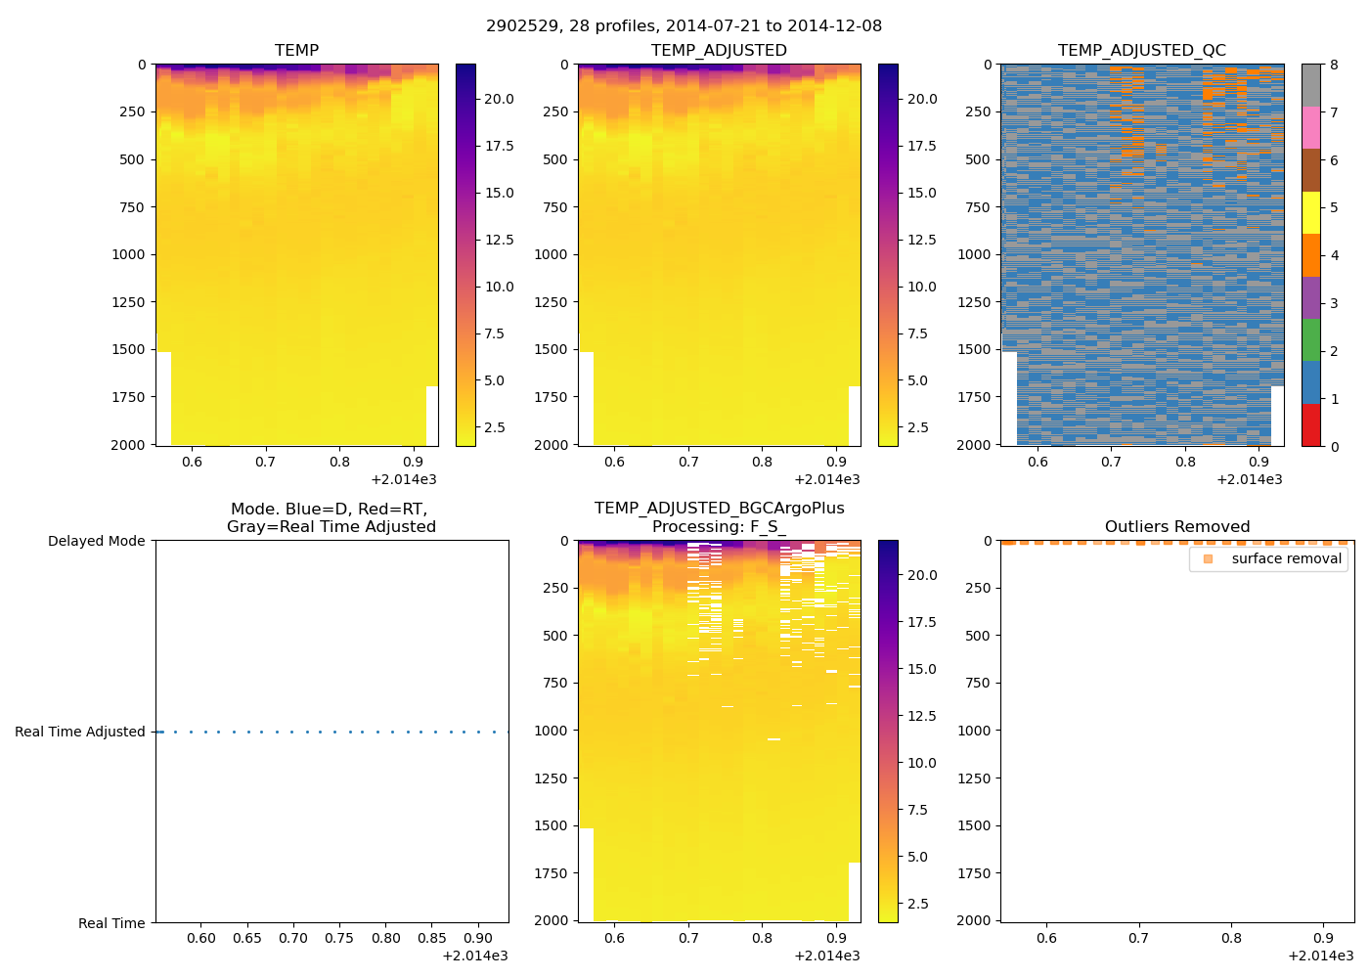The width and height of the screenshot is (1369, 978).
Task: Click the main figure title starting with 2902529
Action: pyautogui.click(x=684, y=26)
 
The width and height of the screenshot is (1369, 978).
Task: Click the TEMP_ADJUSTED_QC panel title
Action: pyautogui.click(x=1141, y=51)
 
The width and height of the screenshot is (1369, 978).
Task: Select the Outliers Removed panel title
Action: pyautogui.click(x=1176, y=527)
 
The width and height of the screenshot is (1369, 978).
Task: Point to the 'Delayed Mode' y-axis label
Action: pyautogui.click(x=96, y=541)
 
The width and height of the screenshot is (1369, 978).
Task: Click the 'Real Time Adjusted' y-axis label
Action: pyautogui.click(x=79, y=732)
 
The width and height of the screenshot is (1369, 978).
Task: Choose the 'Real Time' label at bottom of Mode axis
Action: pyautogui.click(x=111, y=923)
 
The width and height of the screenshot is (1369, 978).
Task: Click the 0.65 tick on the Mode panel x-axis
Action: pyautogui.click(x=246, y=939)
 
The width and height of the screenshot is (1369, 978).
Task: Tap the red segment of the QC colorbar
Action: pyautogui.click(x=1310, y=425)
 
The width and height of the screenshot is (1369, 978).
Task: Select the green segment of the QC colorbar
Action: pyautogui.click(x=1310, y=340)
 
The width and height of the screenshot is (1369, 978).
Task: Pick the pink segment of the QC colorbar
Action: pyautogui.click(x=1310, y=128)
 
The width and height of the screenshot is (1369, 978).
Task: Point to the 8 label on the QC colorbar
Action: pyautogui.click(x=1334, y=66)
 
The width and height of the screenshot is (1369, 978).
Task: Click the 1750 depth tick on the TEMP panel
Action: pyautogui.click(x=127, y=397)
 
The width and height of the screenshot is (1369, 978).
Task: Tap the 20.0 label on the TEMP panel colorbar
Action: pyautogui.click(x=499, y=99)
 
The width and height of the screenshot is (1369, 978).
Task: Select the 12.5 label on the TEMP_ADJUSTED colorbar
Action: pyautogui.click(x=921, y=240)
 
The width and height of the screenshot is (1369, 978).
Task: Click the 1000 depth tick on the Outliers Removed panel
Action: pyautogui.click(x=974, y=731)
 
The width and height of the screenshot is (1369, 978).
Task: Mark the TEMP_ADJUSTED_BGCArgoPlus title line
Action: pyautogui.click(x=719, y=509)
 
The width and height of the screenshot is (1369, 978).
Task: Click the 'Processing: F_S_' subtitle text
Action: pyautogui.click(x=719, y=527)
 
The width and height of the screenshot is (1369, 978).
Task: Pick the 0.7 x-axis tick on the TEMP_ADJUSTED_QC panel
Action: pyautogui.click(x=1111, y=463)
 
